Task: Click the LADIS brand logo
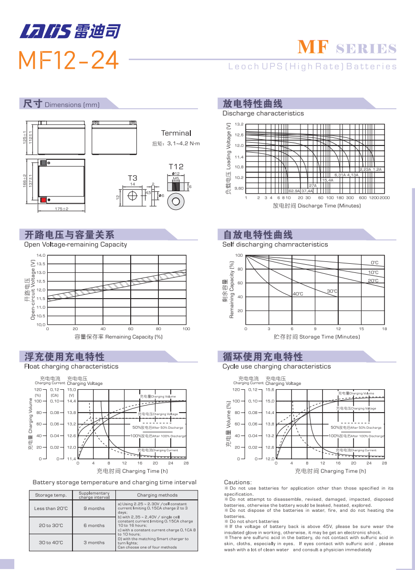[70, 31]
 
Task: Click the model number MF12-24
[68, 60]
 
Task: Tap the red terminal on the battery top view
[43, 199]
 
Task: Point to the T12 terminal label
[176, 167]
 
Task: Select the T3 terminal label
[132, 178]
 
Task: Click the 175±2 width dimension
[62, 209]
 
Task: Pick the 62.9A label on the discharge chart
[294, 191]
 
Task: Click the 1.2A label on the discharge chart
[377, 169]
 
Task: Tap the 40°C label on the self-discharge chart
[298, 294]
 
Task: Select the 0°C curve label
[374, 263]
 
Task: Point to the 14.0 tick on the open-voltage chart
[41, 255]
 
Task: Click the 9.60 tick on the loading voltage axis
[239, 188]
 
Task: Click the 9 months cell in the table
[94, 508]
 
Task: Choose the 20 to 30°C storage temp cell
[51, 525]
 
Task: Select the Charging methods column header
[157, 495]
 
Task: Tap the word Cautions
[238, 482]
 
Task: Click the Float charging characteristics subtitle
[71, 366]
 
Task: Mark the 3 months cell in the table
[94, 542]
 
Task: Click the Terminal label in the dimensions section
[176, 133]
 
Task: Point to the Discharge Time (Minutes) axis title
[316, 206]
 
